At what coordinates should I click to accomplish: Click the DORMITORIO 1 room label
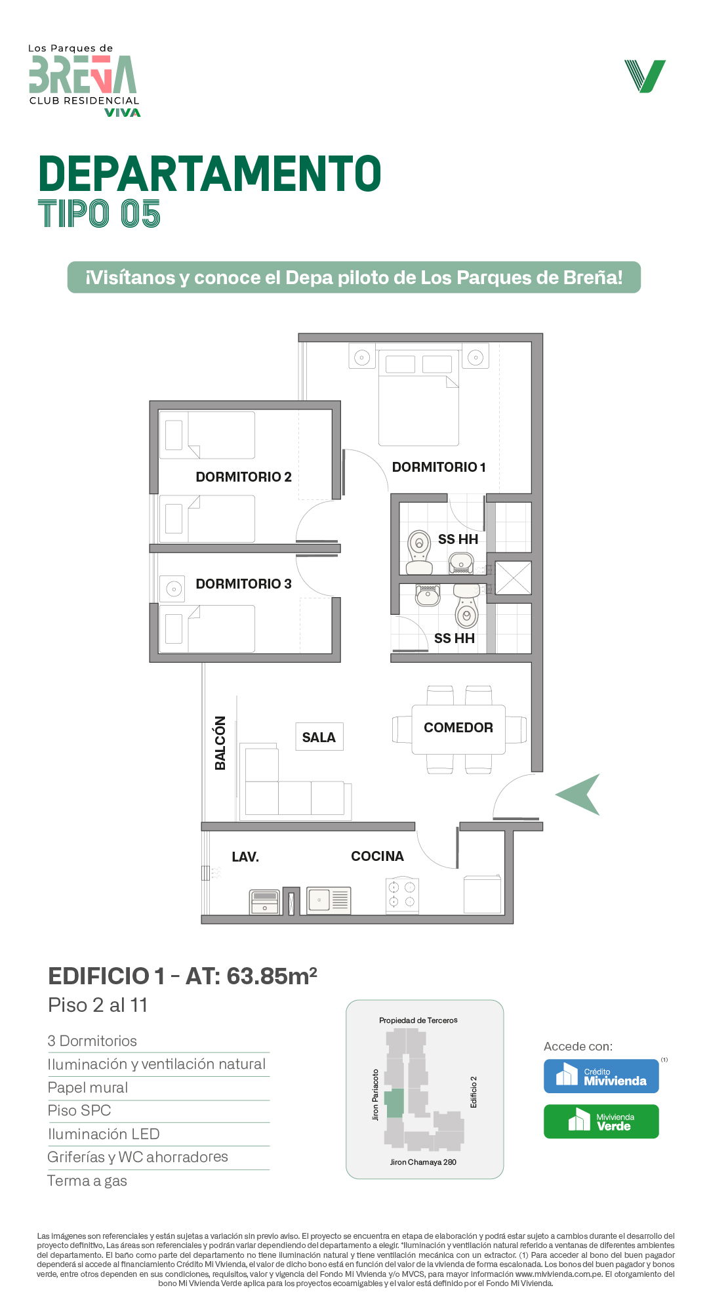click(439, 467)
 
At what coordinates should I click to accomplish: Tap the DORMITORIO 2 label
click(243, 477)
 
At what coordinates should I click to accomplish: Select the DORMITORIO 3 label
click(243, 584)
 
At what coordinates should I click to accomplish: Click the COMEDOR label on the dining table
click(458, 728)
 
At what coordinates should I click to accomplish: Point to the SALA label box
click(319, 737)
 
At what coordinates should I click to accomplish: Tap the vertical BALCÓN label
click(220, 743)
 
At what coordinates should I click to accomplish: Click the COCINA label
click(377, 856)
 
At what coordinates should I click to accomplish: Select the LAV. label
click(245, 857)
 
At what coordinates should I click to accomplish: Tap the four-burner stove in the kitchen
click(402, 896)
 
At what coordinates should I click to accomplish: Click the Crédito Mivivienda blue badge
click(601, 1076)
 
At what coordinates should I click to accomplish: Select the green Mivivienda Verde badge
click(601, 1121)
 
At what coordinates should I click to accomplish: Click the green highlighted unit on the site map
click(394, 1103)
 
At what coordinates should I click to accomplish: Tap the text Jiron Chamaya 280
click(423, 1162)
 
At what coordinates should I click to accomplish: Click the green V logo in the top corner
click(645, 76)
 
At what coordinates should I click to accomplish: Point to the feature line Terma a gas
click(87, 1181)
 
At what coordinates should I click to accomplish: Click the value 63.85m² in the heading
click(272, 976)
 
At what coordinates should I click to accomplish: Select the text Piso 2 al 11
click(98, 1005)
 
